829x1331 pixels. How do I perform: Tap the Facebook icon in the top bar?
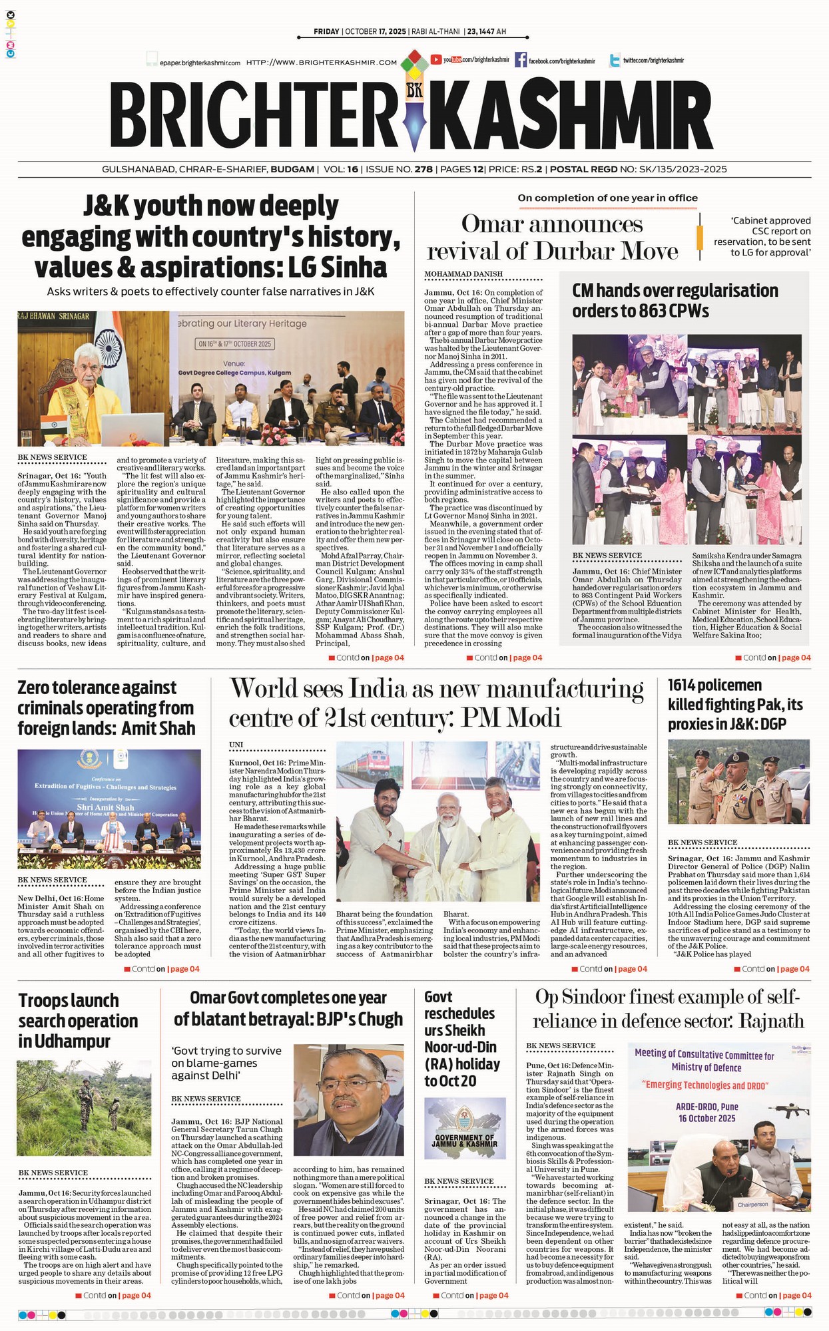click(x=520, y=60)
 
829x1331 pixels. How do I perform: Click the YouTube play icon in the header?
click(x=436, y=59)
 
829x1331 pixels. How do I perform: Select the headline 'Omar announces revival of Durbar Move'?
click(x=552, y=238)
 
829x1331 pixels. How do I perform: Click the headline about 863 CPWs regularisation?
click(x=675, y=300)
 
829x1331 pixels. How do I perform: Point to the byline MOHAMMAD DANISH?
click(x=463, y=274)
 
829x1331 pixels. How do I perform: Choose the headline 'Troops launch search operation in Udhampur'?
click(x=78, y=1020)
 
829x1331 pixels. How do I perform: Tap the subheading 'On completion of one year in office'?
click(x=607, y=198)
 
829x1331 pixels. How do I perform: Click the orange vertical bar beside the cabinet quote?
click(x=699, y=237)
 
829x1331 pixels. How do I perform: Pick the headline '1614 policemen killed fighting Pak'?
click(x=735, y=704)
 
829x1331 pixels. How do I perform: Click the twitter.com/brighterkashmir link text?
click(x=653, y=61)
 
